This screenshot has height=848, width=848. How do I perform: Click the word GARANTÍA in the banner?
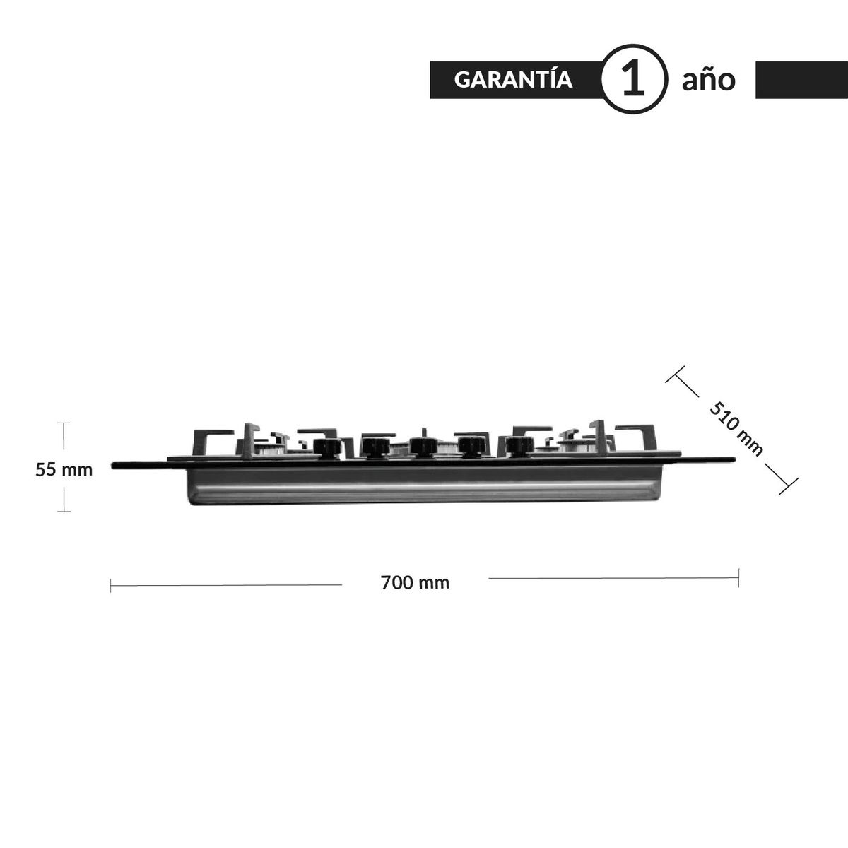[x=513, y=79]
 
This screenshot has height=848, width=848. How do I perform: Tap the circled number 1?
[x=633, y=79]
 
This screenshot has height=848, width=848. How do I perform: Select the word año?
[x=708, y=80]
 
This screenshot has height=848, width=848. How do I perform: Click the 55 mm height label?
[x=64, y=469]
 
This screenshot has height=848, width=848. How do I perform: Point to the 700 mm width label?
[x=415, y=583]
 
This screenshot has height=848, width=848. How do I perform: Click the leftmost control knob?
[x=326, y=447]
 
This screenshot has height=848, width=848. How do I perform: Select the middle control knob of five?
[x=422, y=446]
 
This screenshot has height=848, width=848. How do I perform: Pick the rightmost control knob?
[x=518, y=446]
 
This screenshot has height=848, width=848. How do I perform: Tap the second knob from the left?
[x=373, y=446]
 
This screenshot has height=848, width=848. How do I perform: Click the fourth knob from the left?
[x=469, y=446]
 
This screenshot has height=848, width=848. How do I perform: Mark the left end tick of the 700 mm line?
[x=111, y=585]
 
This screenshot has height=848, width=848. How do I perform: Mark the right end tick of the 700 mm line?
[x=738, y=578]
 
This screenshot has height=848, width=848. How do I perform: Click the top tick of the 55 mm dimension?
[x=64, y=423]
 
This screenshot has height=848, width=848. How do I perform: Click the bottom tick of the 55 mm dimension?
[x=64, y=510]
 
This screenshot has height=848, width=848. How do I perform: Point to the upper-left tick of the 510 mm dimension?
[x=676, y=375]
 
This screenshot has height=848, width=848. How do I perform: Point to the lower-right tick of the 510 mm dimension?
[x=788, y=485]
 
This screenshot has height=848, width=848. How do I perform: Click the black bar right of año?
[x=801, y=80]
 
